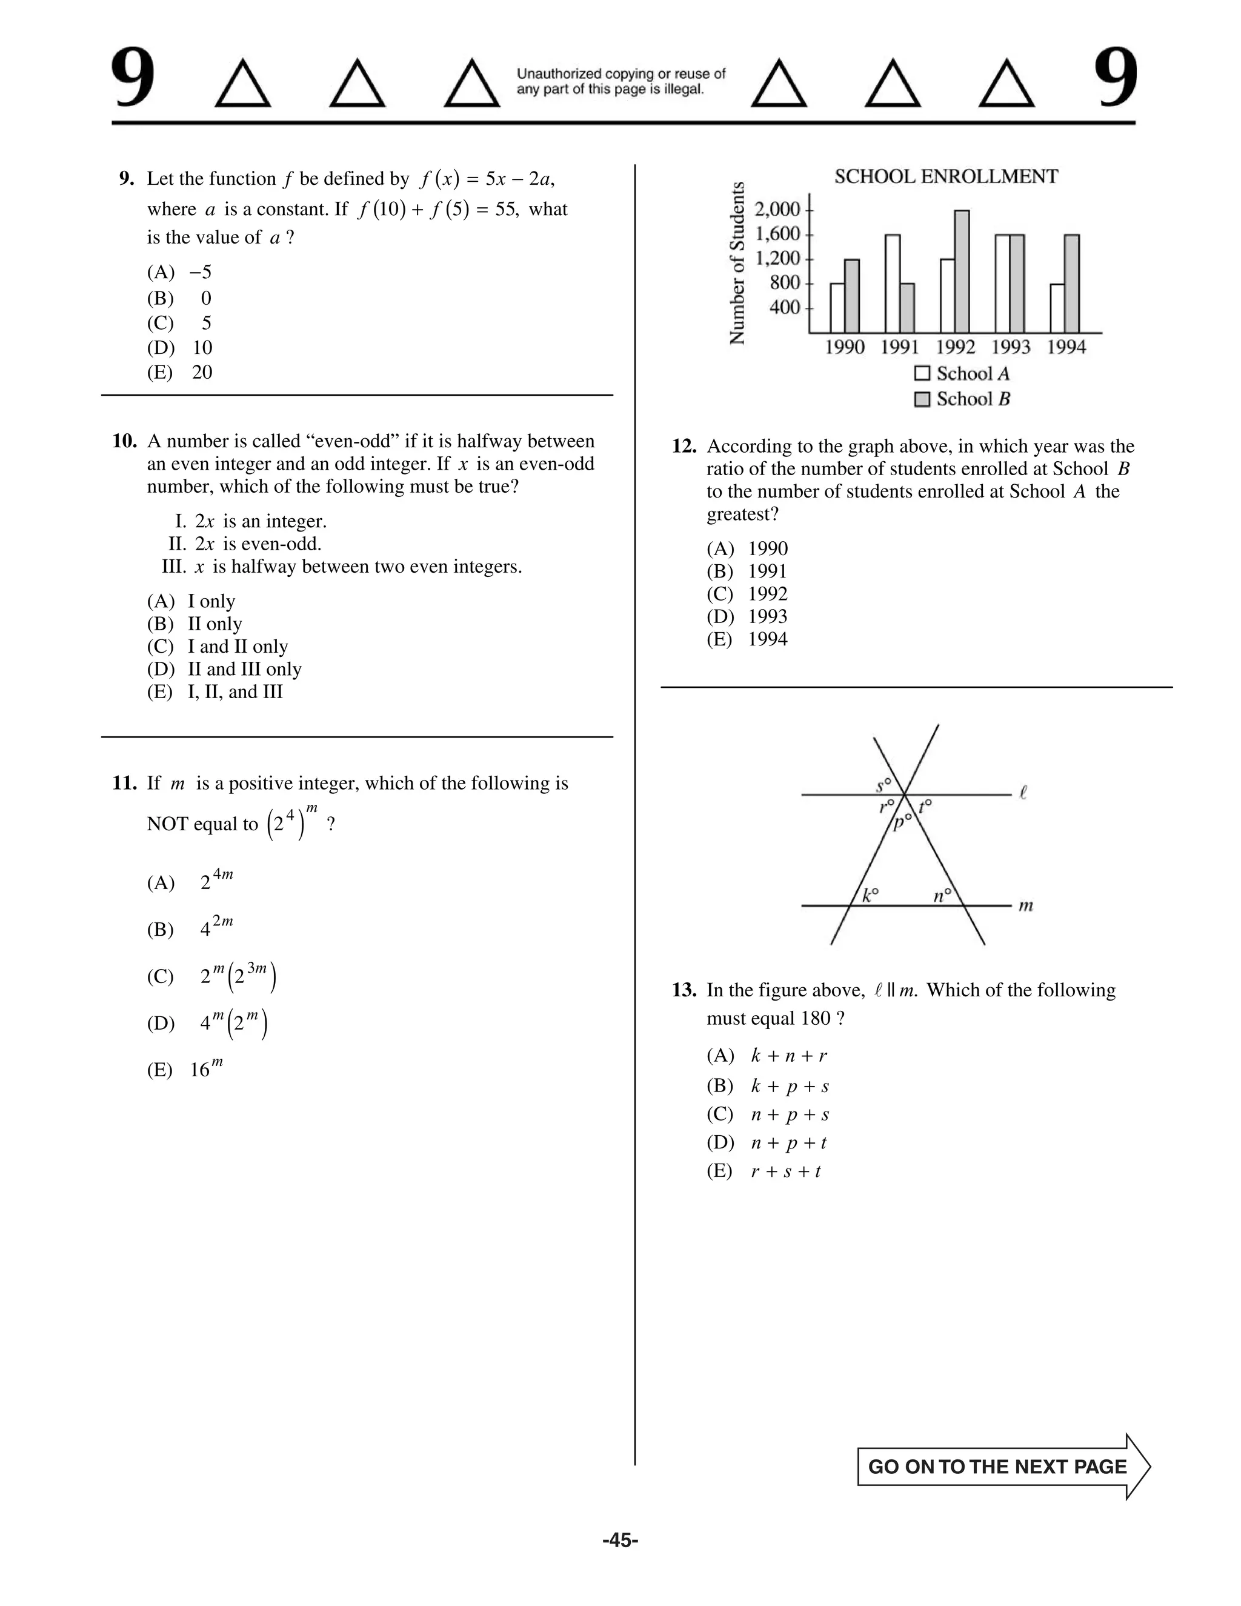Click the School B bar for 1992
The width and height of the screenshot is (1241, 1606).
pyautogui.click(x=962, y=272)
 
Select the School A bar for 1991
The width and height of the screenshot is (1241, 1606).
pyautogui.click(x=893, y=284)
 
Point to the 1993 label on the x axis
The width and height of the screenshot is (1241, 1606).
pyautogui.click(x=1010, y=347)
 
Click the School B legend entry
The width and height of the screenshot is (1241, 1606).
pyautogui.click(x=962, y=399)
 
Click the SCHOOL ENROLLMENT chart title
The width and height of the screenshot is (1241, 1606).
pyautogui.click(x=945, y=176)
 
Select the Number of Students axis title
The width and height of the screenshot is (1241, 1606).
pyautogui.click(x=737, y=262)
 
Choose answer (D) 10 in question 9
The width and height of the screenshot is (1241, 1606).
pyautogui.click(x=180, y=348)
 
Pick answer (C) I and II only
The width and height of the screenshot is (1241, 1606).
pyautogui.click(x=218, y=647)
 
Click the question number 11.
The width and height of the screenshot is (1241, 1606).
pyautogui.click(x=124, y=783)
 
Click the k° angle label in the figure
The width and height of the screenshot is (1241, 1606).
pyautogui.click(x=870, y=895)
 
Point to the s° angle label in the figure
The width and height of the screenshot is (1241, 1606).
pyautogui.click(x=883, y=785)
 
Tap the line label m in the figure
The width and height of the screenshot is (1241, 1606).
pyautogui.click(x=1026, y=906)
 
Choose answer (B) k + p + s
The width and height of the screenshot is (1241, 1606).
pyautogui.click(x=768, y=1086)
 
